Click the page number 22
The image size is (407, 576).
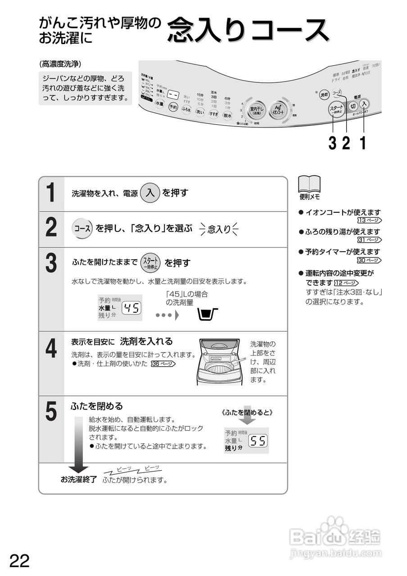click(x=19, y=561)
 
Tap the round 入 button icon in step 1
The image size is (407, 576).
click(x=150, y=193)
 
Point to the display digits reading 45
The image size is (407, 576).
click(x=132, y=308)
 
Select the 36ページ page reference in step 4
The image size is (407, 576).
click(x=163, y=364)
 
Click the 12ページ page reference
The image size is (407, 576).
click(x=346, y=283)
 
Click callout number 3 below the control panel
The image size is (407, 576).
click(x=332, y=143)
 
